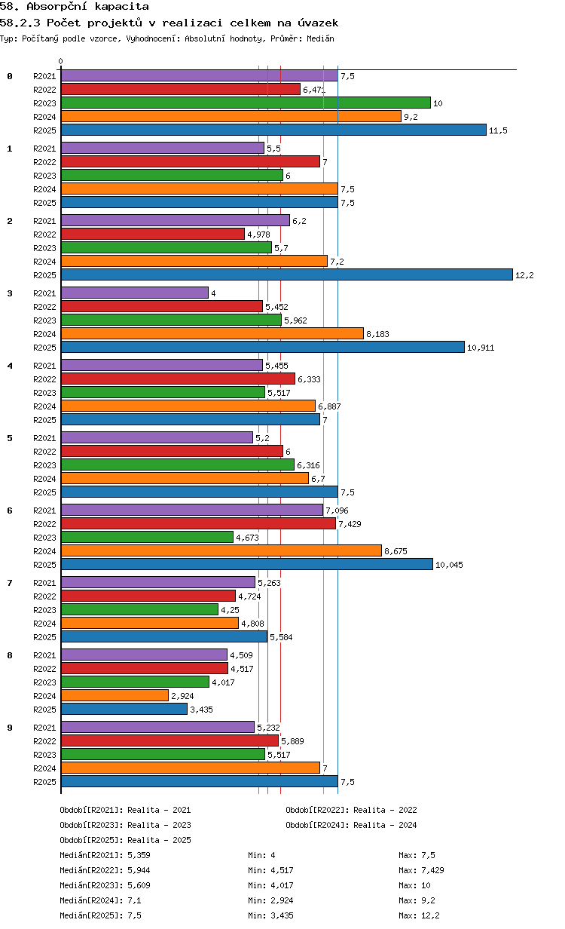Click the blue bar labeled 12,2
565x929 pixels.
(286, 274)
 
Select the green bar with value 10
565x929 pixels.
(246, 103)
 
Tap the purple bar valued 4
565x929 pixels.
(135, 293)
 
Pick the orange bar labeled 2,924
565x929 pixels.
(115, 695)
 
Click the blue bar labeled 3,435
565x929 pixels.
(124, 709)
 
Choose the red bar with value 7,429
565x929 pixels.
(198, 524)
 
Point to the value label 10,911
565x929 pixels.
(481, 348)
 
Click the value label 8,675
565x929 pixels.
(395, 551)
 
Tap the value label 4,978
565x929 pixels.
(258, 235)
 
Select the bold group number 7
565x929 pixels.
(10, 583)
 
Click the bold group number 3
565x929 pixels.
(10, 293)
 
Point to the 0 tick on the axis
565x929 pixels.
(61, 61)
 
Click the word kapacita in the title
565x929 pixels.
(122, 7)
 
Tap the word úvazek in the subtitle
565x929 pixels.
(318, 23)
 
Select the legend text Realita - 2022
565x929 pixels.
(385, 810)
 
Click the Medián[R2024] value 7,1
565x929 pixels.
(134, 900)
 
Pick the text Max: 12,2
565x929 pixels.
(419, 915)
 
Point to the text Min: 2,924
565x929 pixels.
(270, 900)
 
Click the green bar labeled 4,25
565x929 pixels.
(139, 609)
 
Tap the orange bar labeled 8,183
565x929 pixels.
(212, 333)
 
